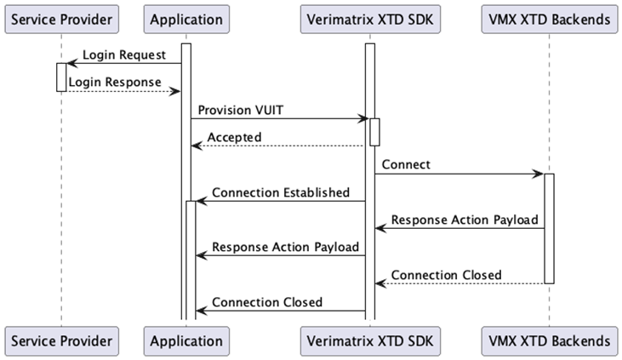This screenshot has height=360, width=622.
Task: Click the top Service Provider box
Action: (x=61, y=19)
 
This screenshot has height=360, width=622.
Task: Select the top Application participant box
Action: (x=186, y=19)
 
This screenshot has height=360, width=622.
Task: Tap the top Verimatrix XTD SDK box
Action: (x=370, y=19)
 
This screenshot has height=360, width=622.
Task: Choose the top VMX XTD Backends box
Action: (x=550, y=19)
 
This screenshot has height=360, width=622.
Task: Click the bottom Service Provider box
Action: (x=61, y=341)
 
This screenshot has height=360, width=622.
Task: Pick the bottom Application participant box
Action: (x=186, y=341)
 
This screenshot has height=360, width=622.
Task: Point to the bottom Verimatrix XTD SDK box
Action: (x=370, y=341)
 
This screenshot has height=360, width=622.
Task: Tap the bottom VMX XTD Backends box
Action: (x=550, y=341)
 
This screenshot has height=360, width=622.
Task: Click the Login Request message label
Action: (x=124, y=54)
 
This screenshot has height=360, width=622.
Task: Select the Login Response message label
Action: (x=115, y=83)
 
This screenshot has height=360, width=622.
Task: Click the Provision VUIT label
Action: (x=241, y=110)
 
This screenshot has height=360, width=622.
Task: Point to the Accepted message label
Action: (x=235, y=137)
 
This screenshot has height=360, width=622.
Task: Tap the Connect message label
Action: (x=406, y=165)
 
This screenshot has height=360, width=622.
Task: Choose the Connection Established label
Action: (x=281, y=192)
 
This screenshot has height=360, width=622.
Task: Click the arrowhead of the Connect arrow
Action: (x=539, y=174)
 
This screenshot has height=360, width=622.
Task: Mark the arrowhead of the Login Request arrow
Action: (x=72, y=63)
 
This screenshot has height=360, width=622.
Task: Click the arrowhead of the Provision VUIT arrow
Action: (x=363, y=118)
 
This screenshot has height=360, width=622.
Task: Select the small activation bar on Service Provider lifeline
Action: (x=61, y=77)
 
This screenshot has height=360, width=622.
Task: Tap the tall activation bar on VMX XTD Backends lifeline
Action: (x=550, y=229)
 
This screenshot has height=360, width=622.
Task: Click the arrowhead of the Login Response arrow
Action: (x=175, y=92)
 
